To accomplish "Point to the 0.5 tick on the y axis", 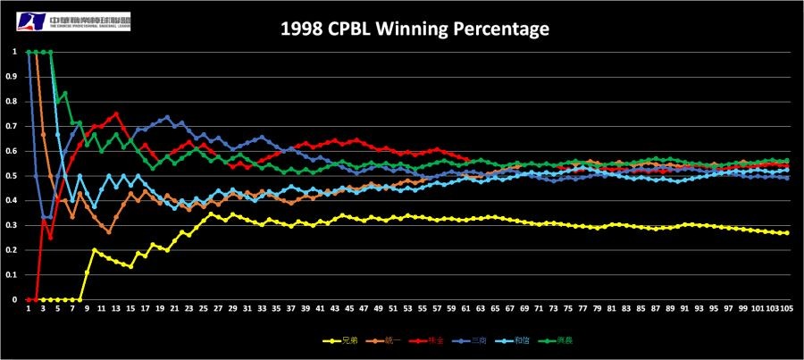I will (13, 176).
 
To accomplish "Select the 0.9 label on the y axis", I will (13, 77).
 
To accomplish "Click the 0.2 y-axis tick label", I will (13, 250).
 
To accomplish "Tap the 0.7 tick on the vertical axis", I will (13, 126).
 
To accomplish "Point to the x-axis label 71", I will (538, 309).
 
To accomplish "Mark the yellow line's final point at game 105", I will (785, 233).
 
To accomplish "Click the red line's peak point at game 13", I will (116, 113).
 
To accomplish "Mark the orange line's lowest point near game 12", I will (109, 231).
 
